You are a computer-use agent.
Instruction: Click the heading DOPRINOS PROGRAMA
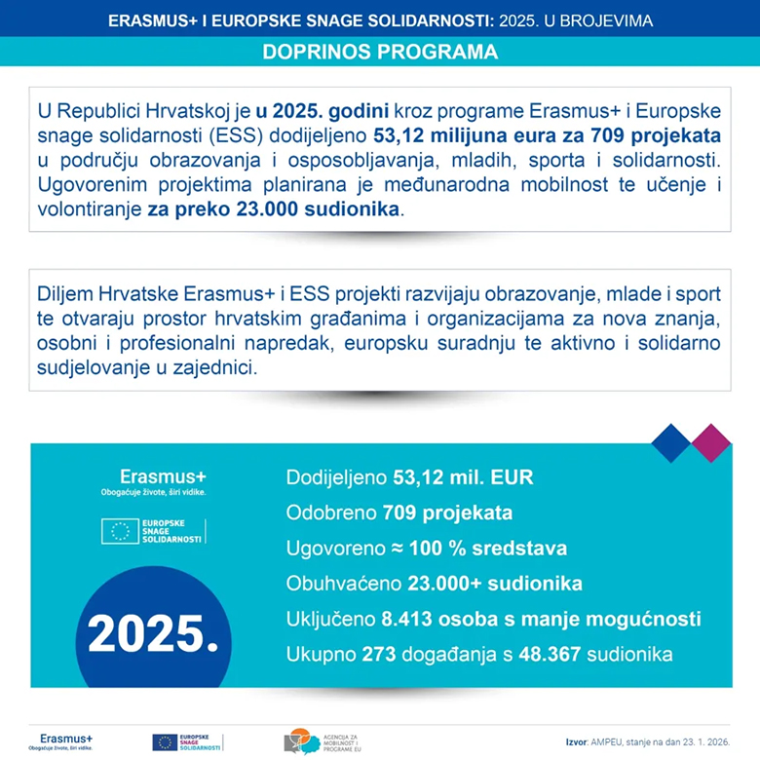[x=380, y=52]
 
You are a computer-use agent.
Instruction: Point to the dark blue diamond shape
[x=671, y=442]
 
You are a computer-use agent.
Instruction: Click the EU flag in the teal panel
[x=121, y=530]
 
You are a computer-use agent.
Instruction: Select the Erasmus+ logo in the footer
[x=60, y=739]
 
